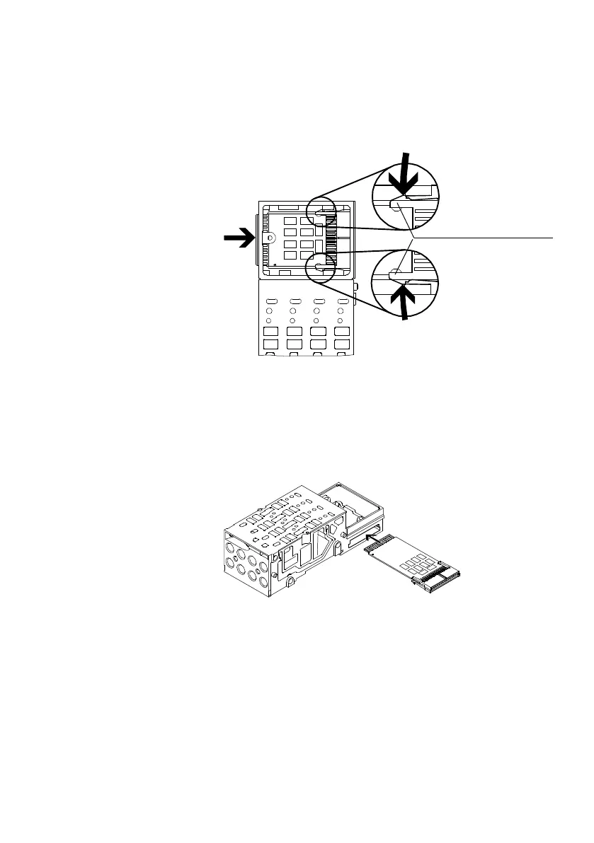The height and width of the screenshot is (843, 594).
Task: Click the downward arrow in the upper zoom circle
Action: coord(405,176)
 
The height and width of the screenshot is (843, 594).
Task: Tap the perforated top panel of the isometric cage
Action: coord(283,523)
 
